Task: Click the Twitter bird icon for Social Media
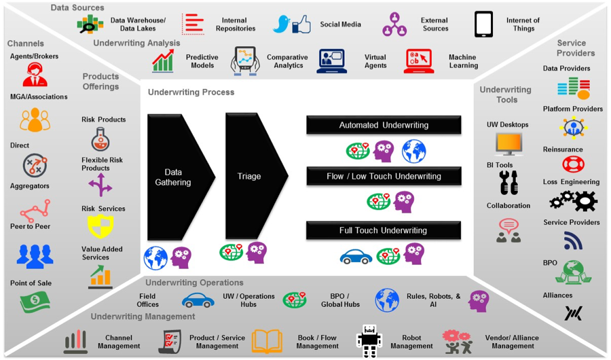(281, 24)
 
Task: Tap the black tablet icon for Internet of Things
(483, 24)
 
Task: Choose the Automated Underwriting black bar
(384, 125)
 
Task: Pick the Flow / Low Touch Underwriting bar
(384, 176)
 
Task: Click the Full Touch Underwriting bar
(384, 230)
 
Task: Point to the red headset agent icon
(34, 74)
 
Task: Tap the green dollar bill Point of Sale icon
(34, 301)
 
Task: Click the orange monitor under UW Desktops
(508, 143)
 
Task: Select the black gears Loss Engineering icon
(573, 200)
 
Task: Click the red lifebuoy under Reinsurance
(573, 164)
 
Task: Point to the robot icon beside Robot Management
(369, 340)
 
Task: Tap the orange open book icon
(267, 341)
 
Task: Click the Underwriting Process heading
(191, 92)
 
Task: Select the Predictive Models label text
(202, 61)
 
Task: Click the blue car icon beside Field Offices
(198, 300)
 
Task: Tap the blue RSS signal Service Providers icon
(573, 240)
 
